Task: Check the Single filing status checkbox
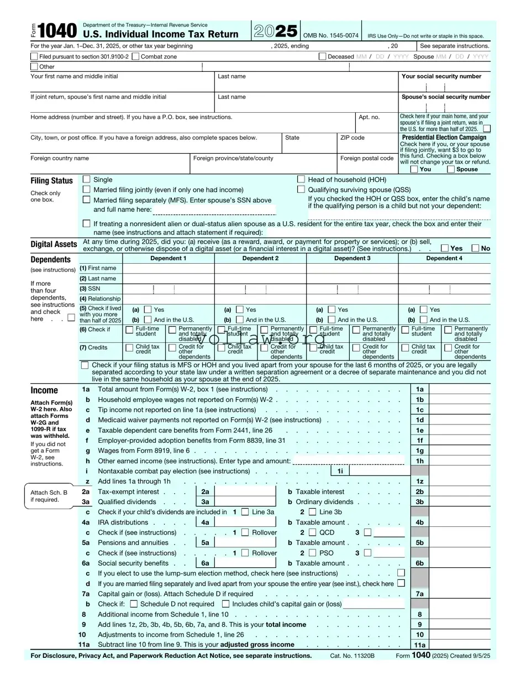pyautogui.click(x=86, y=179)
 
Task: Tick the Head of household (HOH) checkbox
pyautogui.click(x=301, y=179)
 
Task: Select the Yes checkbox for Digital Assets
pyautogui.click(x=445, y=248)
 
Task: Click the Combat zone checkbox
pyautogui.click(x=136, y=56)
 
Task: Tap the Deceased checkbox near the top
pyautogui.click(x=322, y=56)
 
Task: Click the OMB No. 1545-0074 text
pyautogui.click(x=331, y=35)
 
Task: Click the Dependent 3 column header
pyautogui.click(x=352, y=258)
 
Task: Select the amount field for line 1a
pyautogui.click(x=459, y=389)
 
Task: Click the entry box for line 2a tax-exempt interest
pyautogui.click(x=245, y=491)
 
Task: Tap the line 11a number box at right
pyautogui.click(x=420, y=645)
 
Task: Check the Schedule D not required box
pyautogui.click(x=134, y=604)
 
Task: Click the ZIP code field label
pyautogui.click(x=352, y=138)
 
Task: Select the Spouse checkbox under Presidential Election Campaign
pyautogui.click(x=451, y=169)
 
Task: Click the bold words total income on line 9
pyautogui.click(x=286, y=624)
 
